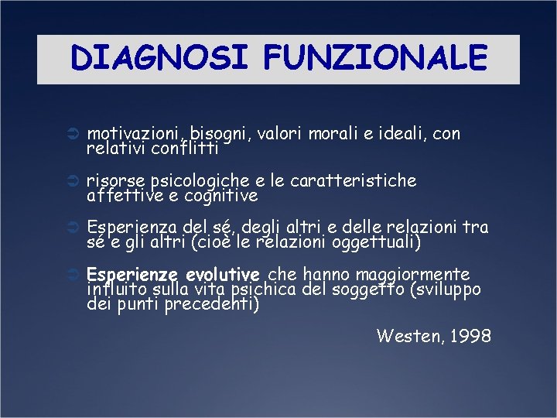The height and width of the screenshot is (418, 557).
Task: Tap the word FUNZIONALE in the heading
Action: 375,57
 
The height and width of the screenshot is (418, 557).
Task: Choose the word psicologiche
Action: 199,182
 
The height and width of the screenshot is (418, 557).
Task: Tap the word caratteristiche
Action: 353,180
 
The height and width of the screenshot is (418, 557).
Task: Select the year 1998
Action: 469,335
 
